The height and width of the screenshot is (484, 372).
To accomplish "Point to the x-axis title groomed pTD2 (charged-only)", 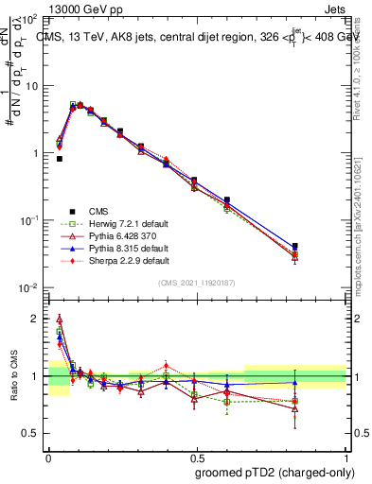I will point(275,472).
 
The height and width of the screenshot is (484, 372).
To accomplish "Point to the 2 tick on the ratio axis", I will point(35,319).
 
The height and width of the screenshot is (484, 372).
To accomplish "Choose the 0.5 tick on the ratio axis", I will point(31,433).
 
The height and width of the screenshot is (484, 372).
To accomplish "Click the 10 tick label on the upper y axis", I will point(31,85).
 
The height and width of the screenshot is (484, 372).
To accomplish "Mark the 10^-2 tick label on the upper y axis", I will point(28,287).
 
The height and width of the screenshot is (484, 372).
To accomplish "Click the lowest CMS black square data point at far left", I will point(60,159).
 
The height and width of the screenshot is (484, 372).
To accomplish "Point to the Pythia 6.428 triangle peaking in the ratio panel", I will point(60,319).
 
